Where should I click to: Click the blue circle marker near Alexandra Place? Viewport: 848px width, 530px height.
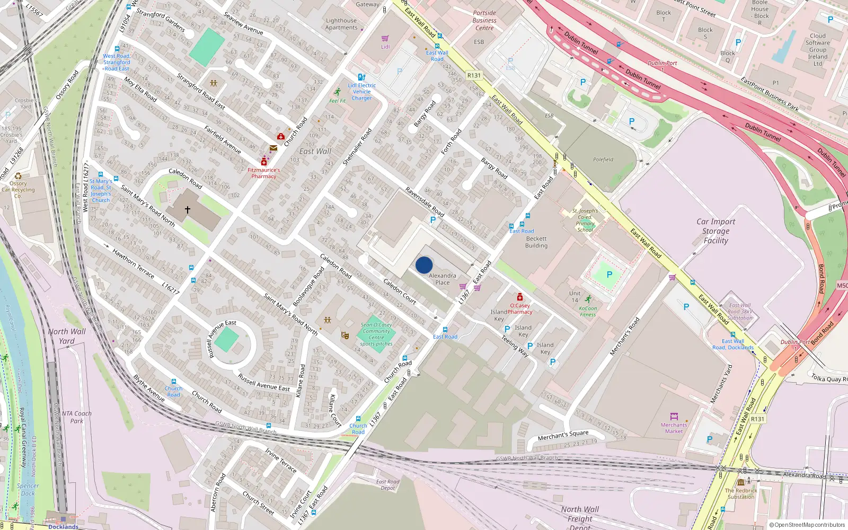click(x=424, y=265)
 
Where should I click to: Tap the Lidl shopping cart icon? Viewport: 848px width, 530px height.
click(x=385, y=39)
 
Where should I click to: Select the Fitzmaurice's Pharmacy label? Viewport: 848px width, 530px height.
click(x=264, y=173)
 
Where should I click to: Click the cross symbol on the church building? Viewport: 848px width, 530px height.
click(x=187, y=210)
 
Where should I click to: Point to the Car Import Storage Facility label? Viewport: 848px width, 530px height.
click(x=715, y=231)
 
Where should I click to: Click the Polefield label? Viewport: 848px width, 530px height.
click(x=603, y=160)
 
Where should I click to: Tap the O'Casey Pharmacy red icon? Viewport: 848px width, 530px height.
click(x=520, y=297)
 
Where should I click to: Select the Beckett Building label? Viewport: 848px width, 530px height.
click(x=536, y=242)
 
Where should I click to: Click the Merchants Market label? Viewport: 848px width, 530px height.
click(x=674, y=428)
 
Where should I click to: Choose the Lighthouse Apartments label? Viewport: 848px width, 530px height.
click(x=341, y=24)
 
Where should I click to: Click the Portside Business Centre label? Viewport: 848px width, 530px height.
click(x=484, y=21)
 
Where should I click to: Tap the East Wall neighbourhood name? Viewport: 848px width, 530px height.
click(x=315, y=152)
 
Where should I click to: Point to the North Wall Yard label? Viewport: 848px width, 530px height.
click(x=67, y=336)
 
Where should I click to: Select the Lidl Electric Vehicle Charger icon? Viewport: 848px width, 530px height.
click(x=361, y=77)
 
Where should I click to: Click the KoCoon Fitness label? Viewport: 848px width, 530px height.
click(x=588, y=311)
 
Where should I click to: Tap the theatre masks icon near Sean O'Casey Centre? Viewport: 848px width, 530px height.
click(x=345, y=335)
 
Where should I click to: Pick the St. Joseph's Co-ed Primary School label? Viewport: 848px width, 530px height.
click(x=585, y=220)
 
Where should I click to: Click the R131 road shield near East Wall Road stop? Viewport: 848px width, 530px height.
click(x=474, y=76)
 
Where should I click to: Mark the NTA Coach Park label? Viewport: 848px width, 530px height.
click(x=77, y=417)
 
